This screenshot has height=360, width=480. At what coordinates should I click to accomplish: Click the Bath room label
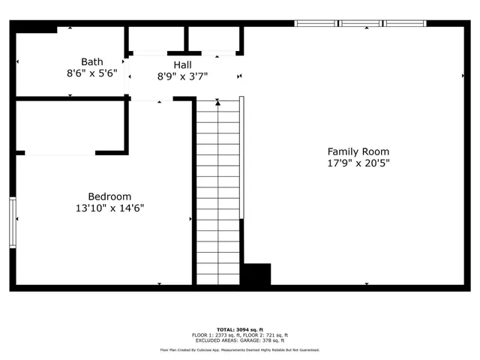pyautogui.click(x=91, y=61)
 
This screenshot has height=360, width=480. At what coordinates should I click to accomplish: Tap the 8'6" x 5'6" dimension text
pyautogui.click(x=91, y=73)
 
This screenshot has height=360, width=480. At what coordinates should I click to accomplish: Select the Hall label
pyautogui.click(x=182, y=65)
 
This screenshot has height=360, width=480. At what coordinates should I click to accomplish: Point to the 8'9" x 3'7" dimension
pyautogui.click(x=182, y=76)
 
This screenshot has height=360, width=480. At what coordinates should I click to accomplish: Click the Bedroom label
pyautogui.click(x=109, y=196)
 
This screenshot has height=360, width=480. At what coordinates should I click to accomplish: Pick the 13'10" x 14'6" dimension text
pyautogui.click(x=109, y=208)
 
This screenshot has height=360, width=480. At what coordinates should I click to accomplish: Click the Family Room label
pyautogui.click(x=358, y=151)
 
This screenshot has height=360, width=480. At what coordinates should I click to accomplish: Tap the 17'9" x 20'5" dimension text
pyautogui.click(x=358, y=163)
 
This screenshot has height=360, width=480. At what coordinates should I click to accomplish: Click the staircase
pyautogui.click(x=218, y=195)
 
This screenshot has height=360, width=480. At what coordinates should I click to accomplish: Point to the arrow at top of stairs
pyautogui.click(x=218, y=103)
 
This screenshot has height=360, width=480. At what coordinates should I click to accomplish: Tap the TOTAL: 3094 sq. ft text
pyautogui.click(x=240, y=329)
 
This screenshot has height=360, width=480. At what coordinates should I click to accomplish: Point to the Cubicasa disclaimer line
pyautogui.click(x=240, y=350)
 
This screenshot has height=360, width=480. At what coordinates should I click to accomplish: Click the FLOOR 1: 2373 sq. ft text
pyautogui.click(x=215, y=334)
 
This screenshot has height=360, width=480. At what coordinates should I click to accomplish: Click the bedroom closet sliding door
pyautogui.click(x=60, y=153)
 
